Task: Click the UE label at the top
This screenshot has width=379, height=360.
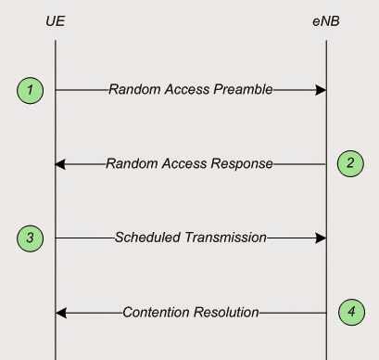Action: (x=56, y=19)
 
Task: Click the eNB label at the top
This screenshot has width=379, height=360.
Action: (x=326, y=19)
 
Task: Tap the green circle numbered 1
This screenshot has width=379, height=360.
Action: (x=31, y=90)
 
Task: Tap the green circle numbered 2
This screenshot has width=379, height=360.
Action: (x=350, y=163)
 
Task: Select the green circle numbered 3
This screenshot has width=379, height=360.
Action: (x=31, y=238)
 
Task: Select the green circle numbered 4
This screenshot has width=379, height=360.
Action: (x=350, y=312)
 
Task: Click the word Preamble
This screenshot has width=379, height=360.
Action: (x=242, y=90)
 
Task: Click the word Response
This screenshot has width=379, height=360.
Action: (x=241, y=164)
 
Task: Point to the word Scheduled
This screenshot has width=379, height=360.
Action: (x=147, y=238)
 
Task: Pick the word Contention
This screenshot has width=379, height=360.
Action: (x=157, y=312)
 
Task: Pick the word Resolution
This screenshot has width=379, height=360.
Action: (x=225, y=312)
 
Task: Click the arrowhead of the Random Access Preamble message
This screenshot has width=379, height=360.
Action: (x=321, y=90)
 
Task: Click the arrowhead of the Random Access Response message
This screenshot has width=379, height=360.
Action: (x=61, y=164)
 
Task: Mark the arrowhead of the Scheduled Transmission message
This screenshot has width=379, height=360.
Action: (x=321, y=238)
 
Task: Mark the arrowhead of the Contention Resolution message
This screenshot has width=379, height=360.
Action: (x=61, y=312)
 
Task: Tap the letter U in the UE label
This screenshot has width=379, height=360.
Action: (x=51, y=19)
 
